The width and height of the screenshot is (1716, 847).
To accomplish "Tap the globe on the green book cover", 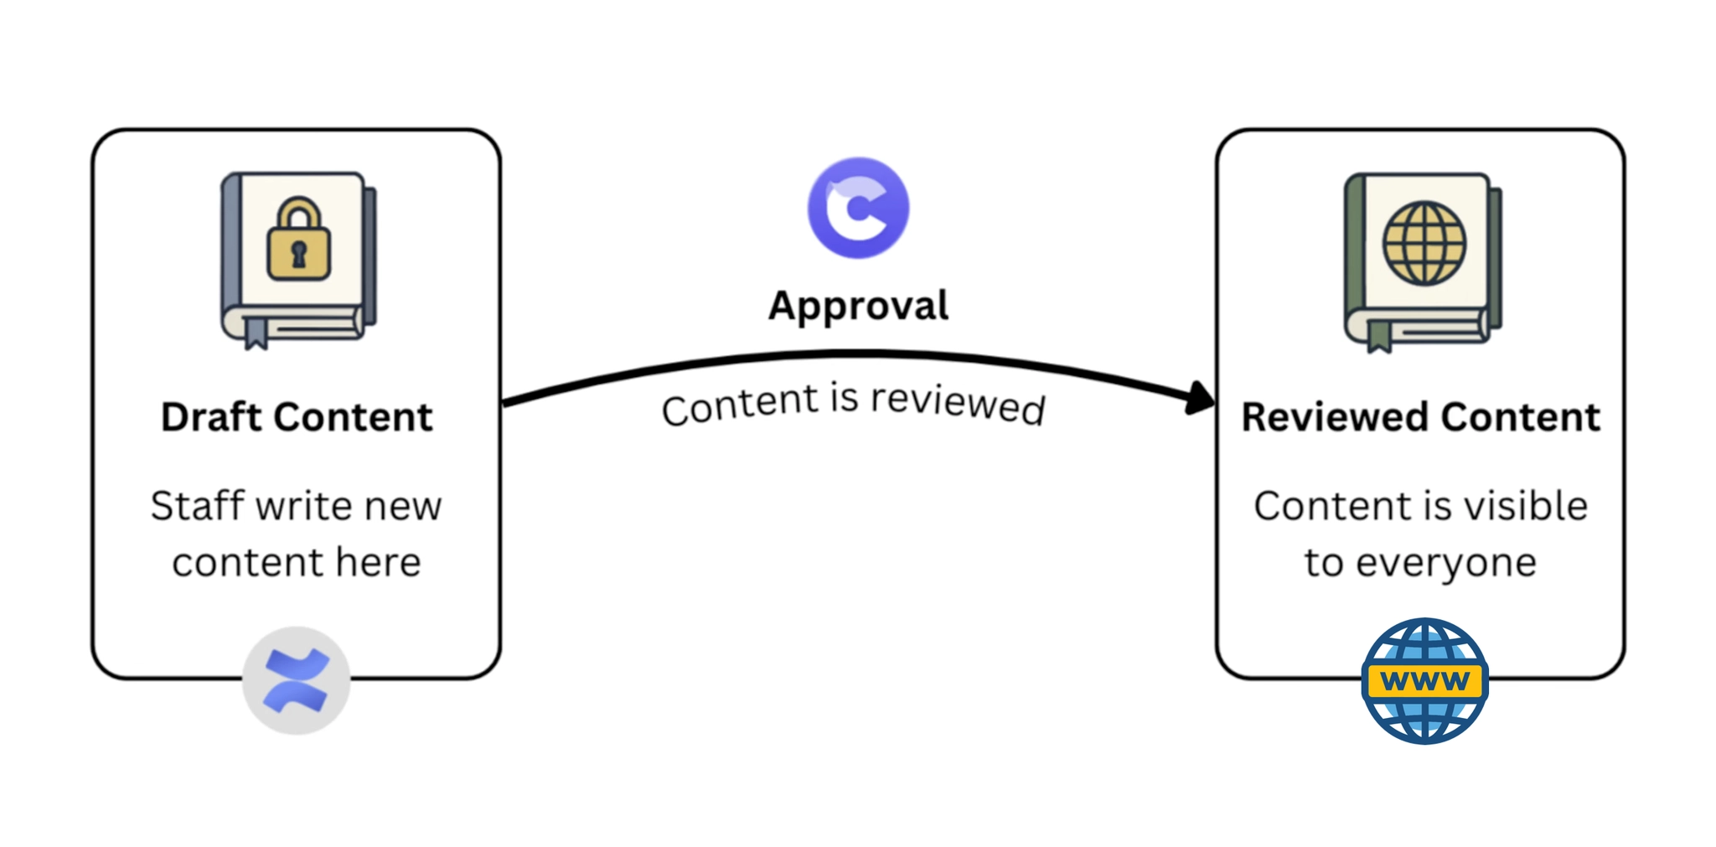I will coord(1424,243).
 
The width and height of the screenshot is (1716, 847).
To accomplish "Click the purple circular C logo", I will coord(858,207).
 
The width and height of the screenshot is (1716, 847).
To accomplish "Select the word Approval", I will coord(858,306).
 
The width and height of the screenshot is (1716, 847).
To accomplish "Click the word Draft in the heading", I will coord(212,417).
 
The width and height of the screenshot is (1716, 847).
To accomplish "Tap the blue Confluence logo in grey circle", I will coord(296,680).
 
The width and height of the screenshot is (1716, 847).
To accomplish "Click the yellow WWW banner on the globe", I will coord(1424,681).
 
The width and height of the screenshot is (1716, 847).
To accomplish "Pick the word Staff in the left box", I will coord(197,506).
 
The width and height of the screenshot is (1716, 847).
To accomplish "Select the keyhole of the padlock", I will coord(298,254).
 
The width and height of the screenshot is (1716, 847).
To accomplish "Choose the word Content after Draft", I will coord(354,417).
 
